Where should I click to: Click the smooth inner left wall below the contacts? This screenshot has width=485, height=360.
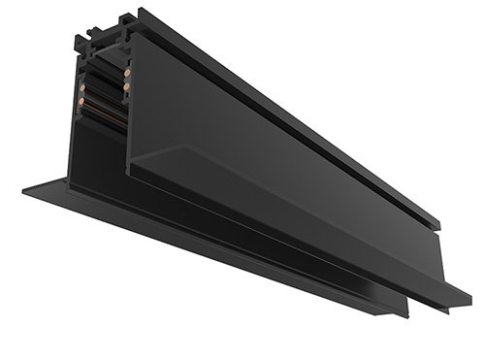coord(78,146)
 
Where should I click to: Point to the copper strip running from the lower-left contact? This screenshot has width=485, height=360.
coord(97,107)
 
